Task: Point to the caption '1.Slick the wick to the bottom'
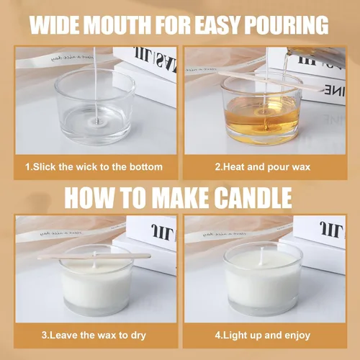pyautogui.click(x=94, y=167)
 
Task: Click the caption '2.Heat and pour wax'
pyautogui.click(x=263, y=167)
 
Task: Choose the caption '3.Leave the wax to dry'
pyautogui.click(x=94, y=335)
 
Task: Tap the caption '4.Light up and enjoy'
pyautogui.click(x=263, y=335)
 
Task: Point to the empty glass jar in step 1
pyautogui.click(x=95, y=106)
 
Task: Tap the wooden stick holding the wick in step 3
pyautogui.click(x=94, y=256)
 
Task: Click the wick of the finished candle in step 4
pyautogui.click(x=261, y=255)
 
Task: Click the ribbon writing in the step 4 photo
pyautogui.click(x=224, y=233)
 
